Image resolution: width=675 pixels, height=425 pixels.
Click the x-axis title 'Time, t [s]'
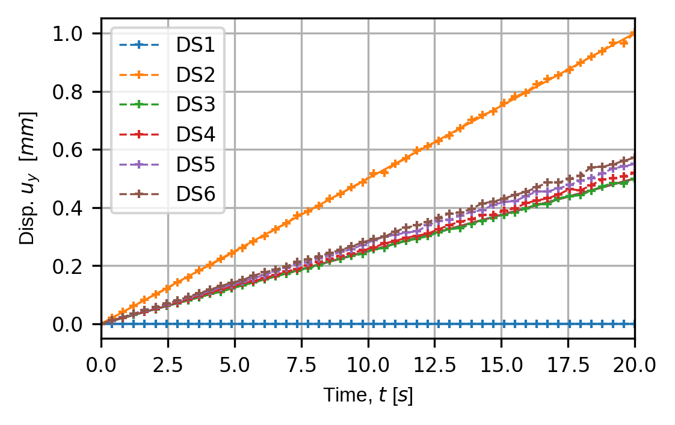(368, 396)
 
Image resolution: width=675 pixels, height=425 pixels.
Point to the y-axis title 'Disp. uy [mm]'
(28, 178)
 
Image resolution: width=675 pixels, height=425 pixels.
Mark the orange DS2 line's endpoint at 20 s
(635, 34)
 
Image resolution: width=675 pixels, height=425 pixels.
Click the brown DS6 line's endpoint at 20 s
(635, 158)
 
